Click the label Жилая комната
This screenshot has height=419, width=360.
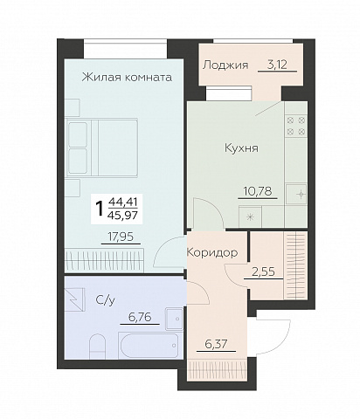[127, 78]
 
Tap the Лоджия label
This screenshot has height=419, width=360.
[225, 65]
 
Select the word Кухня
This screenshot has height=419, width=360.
[241, 148]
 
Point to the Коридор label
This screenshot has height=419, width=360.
[212, 252]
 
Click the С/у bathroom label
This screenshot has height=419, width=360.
[106, 300]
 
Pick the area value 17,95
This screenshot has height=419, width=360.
[121, 237]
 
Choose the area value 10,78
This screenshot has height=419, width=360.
[258, 191]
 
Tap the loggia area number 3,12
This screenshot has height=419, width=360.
[277, 65]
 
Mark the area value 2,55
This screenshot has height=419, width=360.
[263, 272]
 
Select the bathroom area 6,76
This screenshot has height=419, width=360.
[140, 317]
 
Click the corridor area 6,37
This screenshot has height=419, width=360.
[216, 345]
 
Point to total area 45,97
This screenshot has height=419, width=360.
[122, 216]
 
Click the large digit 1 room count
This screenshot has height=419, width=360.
[100, 209]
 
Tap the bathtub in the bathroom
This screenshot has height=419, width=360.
[149, 346]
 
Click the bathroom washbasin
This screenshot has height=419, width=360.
[174, 319]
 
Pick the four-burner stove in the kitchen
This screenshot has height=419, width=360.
[296, 126]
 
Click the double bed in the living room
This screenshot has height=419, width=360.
[102, 148]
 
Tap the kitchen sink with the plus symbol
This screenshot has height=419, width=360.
[296, 194]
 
